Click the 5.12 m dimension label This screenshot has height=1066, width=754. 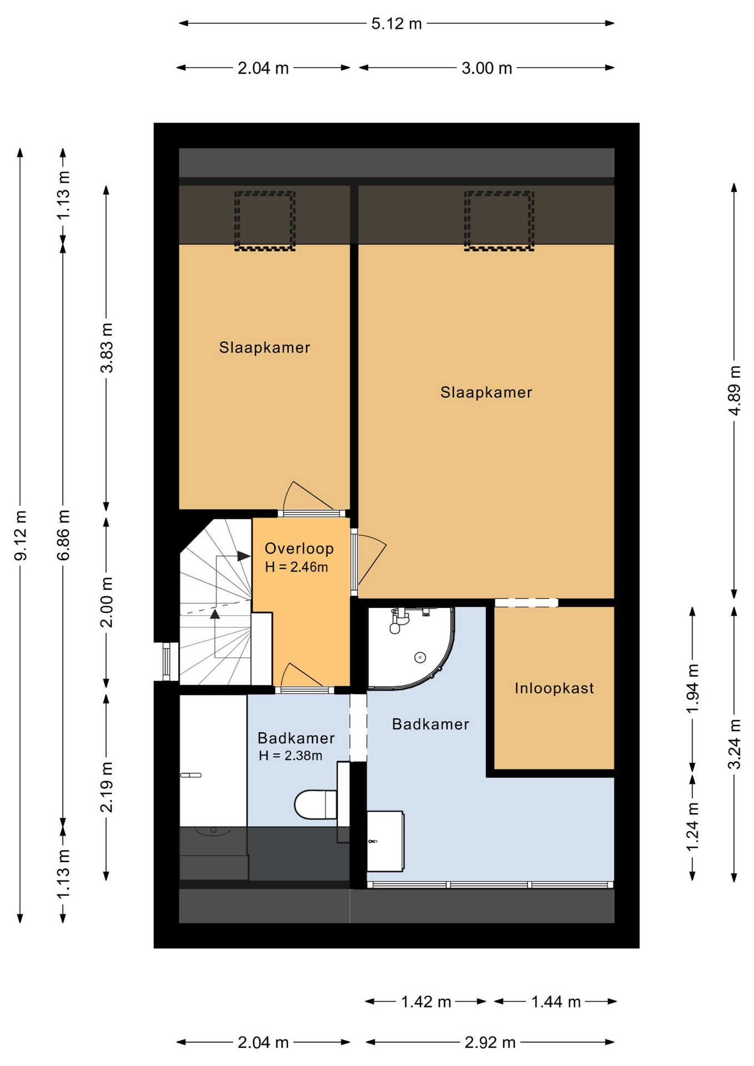coord(396,24)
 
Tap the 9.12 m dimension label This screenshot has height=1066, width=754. coord(21,535)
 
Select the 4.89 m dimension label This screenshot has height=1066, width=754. coord(734,390)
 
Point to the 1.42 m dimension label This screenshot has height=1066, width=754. coord(426,1002)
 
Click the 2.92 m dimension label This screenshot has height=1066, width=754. coord(490,1043)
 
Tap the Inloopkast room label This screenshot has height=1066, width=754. coord(554,688)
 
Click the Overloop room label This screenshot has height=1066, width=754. coord(299,549)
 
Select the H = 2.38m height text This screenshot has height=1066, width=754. coord(290,756)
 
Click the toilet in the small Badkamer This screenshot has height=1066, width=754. coord(315,804)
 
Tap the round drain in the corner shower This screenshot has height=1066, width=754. coord(420,658)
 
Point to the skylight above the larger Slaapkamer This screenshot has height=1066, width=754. coord(499,221)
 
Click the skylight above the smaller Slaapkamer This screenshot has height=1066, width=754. coord(264,221)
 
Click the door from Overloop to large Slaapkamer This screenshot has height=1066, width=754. coord(368,562)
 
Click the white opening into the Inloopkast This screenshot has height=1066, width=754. coord(526,602)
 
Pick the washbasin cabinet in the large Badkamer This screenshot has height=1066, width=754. coord(385,841)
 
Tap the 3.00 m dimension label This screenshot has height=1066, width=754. coord(487,68)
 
